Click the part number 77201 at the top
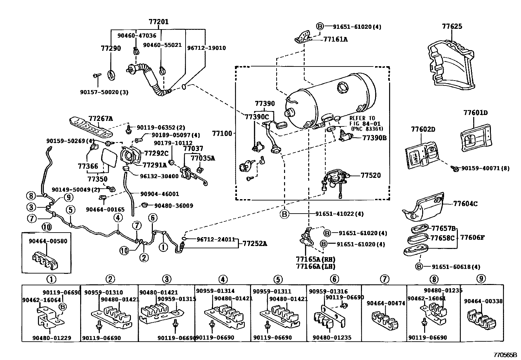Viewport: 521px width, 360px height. pos(159,22)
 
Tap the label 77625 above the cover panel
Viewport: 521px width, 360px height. pos(452,26)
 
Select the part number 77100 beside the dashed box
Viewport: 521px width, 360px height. pos(222,133)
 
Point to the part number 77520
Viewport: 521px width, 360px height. pos(371,175)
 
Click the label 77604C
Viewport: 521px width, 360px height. pos(465,204)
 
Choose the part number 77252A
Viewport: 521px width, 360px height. pos(255,244)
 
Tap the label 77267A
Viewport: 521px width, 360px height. pos(100,119)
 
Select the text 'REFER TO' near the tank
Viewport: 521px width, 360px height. pos(362,118)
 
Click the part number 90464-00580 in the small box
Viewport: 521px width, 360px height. pos(48,241)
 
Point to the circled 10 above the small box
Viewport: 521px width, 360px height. pos(46,227)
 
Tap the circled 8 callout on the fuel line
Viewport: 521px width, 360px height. pos(31,196)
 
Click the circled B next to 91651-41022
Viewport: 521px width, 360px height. pos(284,214)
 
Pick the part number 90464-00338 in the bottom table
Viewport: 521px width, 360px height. pos(483,301)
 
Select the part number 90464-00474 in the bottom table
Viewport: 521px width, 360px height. pos(386,303)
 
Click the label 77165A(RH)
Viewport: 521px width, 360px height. pos(315,259)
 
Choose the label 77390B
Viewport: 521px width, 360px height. pos(374,138)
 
